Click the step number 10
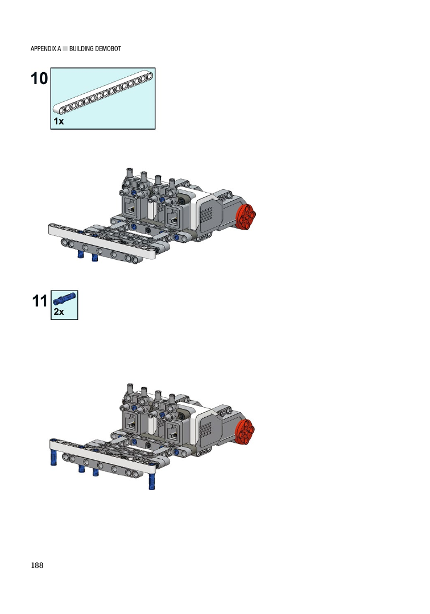point(39,78)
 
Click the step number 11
point(40,301)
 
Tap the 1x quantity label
point(59,122)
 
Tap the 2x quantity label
point(59,312)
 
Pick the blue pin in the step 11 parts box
point(64,298)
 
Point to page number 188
point(37,565)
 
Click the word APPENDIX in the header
point(43,49)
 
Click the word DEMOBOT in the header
point(109,49)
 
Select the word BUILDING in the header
point(81,49)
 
